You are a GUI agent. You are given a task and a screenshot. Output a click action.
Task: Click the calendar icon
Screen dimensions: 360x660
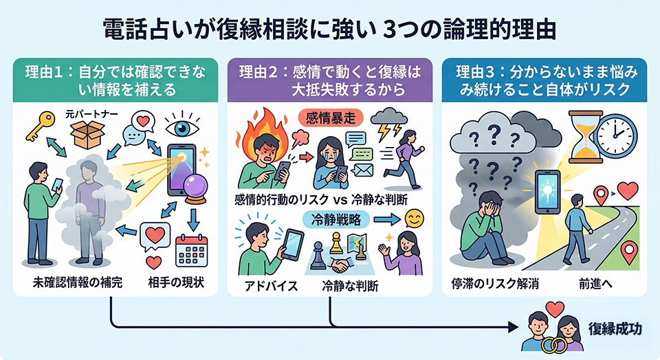pyautogui.click(x=192, y=251)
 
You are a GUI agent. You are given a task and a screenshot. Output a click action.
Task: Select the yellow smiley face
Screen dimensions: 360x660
pyautogui.click(x=415, y=219)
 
